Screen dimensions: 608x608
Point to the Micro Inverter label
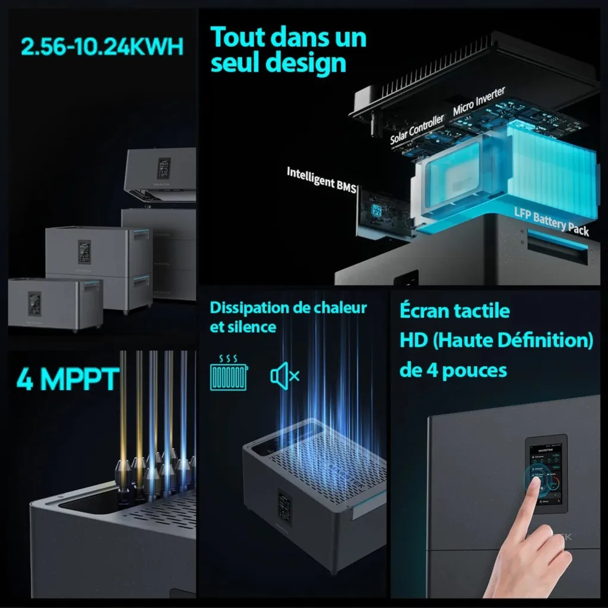pos(479,102)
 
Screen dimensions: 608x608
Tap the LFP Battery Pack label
pos(552,221)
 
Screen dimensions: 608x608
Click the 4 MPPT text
pos(68,379)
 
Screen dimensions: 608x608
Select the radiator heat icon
pos(229,374)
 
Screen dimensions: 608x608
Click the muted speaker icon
pos(284,375)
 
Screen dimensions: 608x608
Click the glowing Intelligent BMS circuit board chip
pos(375,210)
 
